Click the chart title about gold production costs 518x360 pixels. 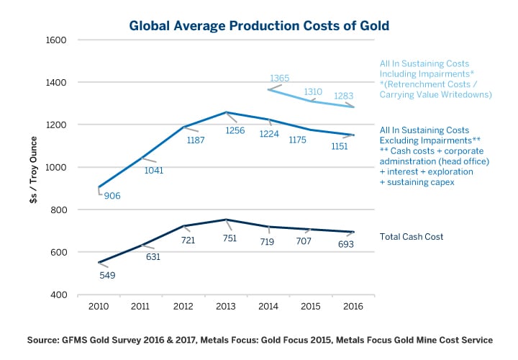click(x=259, y=26)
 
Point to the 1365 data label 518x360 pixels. click(x=279, y=78)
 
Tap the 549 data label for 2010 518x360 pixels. click(x=106, y=274)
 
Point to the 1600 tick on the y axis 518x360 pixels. click(x=56, y=40)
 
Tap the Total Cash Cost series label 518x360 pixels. click(x=412, y=236)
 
